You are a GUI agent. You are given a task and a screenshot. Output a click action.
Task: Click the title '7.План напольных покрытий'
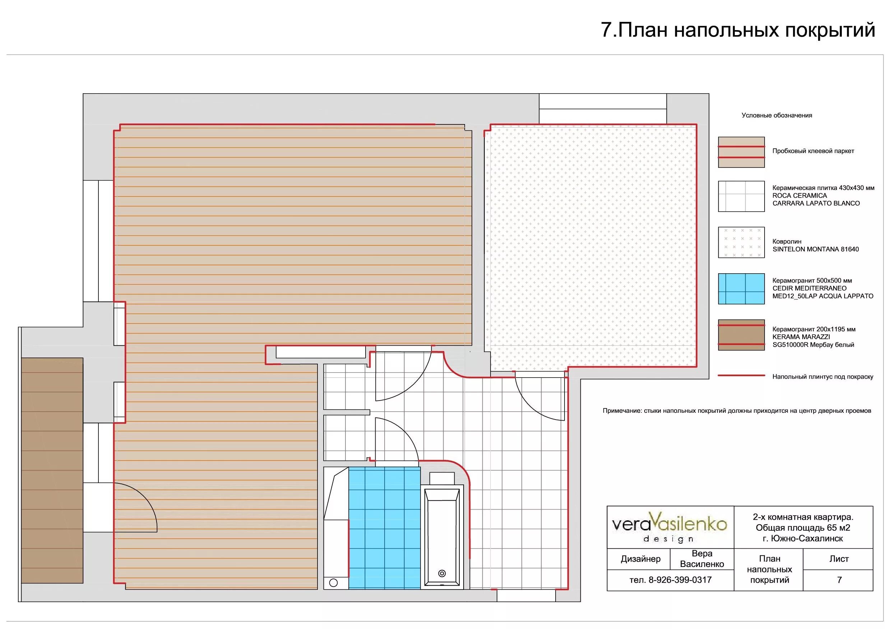pyautogui.click(x=738, y=30)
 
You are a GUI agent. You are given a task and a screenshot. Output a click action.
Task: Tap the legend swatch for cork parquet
pyautogui.click(x=741, y=152)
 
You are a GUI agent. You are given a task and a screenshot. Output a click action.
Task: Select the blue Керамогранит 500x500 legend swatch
pyautogui.click(x=741, y=289)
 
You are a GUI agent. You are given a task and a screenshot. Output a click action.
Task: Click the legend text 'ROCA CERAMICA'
pyautogui.click(x=799, y=196)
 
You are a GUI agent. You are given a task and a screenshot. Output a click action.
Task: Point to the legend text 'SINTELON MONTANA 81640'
pyautogui.click(x=815, y=249)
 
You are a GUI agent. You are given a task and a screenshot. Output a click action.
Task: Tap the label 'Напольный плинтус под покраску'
pyautogui.click(x=823, y=377)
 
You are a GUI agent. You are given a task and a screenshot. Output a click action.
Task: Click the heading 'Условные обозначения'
pyautogui.click(x=776, y=115)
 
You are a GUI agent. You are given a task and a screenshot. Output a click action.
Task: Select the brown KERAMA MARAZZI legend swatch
pyautogui.click(x=741, y=335)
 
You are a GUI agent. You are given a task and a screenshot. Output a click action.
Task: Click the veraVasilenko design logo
pyautogui.click(x=670, y=527)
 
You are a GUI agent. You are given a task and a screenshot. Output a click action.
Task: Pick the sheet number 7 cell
pyautogui.click(x=839, y=580)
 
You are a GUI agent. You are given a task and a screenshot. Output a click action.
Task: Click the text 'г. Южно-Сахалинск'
pyautogui.click(x=803, y=538)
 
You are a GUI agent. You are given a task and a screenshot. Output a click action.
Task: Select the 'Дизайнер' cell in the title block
pyautogui.click(x=640, y=559)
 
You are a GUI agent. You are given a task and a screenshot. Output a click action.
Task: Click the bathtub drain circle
pyautogui.click(x=442, y=573)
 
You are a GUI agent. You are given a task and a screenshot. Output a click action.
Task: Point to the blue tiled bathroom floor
pyautogui.click(x=384, y=528)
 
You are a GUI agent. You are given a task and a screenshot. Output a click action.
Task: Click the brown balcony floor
pyautogui.click(x=52, y=470)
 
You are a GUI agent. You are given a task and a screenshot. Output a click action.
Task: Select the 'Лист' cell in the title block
pyautogui.click(x=839, y=559)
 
